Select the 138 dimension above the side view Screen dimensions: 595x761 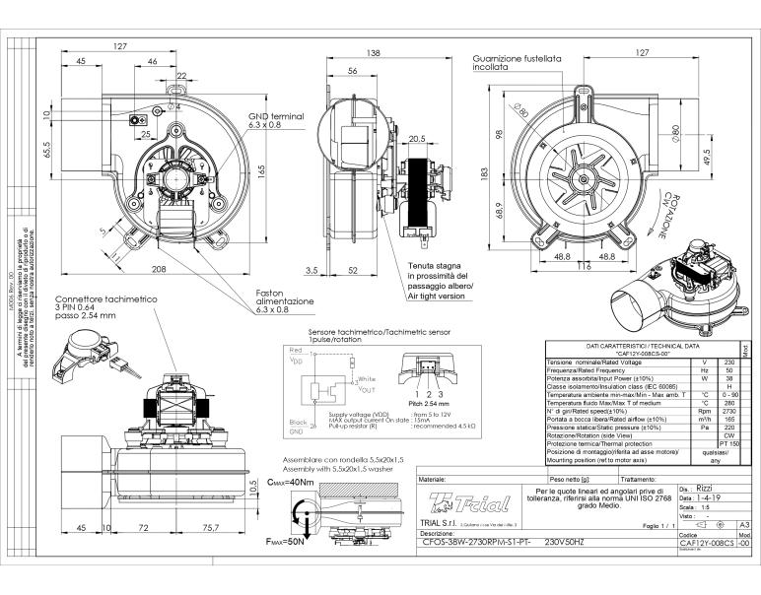(346, 53)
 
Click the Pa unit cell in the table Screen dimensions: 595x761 (704, 428)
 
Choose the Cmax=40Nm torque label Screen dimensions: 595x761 (290, 483)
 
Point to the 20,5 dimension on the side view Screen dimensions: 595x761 (416, 139)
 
